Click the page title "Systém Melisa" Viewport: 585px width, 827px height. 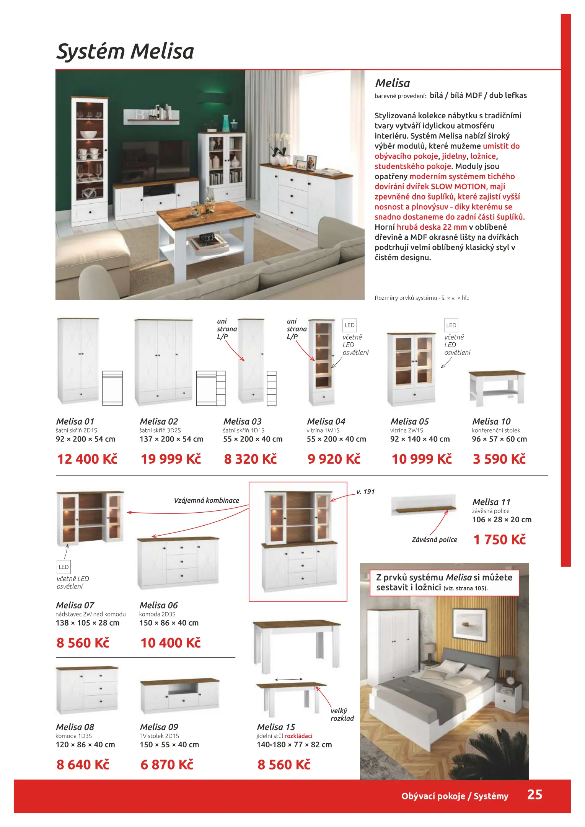pyautogui.click(x=125, y=51)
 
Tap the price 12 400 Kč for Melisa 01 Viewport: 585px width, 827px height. pyautogui.click(x=87, y=459)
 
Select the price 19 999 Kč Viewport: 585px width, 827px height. pyautogui.click(x=171, y=459)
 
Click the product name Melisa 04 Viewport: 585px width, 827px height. pyautogui.click(x=326, y=421)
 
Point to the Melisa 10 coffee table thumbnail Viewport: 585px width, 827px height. pyautogui.click(x=497, y=387)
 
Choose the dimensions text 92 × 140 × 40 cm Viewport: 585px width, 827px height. pyautogui.click(x=420, y=439)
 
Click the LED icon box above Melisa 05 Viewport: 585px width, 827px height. pyautogui.click(x=451, y=325)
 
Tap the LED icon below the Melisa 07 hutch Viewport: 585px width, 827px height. pyautogui.click(x=64, y=567)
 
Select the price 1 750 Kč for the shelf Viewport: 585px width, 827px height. pyautogui.click(x=499, y=539)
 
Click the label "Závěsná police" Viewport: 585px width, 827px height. pyautogui.click(x=434, y=539)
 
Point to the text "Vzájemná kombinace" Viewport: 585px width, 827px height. pyautogui.click(x=206, y=500)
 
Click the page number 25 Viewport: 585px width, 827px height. pyautogui.click(x=534, y=794)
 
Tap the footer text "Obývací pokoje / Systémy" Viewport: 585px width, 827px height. pyautogui.click(x=455, y=796)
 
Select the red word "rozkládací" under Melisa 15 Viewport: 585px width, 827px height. pyautogui.click(x=298, y=736)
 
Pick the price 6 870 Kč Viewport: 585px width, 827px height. pyautogui.click(x=167, y=764)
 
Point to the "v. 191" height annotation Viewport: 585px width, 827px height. pyautogui.click(x=365, y=492)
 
